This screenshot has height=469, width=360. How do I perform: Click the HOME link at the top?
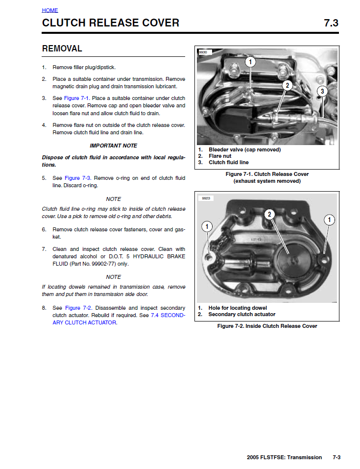[x=50, y=10]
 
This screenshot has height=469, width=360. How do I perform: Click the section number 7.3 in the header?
[x=331, y=23]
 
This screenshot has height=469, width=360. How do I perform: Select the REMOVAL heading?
[x=62, y=49]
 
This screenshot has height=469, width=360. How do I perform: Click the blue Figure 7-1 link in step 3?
[x=76, y=98]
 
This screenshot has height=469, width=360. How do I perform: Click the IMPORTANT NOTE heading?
[x=114, y=146]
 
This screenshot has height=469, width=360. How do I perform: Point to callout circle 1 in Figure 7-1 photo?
[x=250, y=62]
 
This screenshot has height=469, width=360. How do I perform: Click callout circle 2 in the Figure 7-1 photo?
[x=287, y=85]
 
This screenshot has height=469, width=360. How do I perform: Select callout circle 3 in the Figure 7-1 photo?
[x=322, y=91]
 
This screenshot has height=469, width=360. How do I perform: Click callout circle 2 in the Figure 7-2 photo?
[x=269, y=214]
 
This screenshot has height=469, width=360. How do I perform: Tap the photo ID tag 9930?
[x=203, y=52]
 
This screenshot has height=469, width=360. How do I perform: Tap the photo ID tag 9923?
[x=206, y=198]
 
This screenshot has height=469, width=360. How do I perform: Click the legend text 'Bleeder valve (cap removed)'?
[x=244, y=150]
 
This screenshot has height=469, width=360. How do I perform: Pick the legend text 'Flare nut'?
[x=220, y=156]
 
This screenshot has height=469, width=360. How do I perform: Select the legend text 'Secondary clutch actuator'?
[x=242, y=315]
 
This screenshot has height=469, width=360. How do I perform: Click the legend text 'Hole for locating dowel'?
[x=238, y=308]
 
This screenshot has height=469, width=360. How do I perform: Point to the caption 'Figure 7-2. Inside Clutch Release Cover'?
[x=267, y=326]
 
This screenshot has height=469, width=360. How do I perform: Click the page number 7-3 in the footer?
[x=336, y=457]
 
